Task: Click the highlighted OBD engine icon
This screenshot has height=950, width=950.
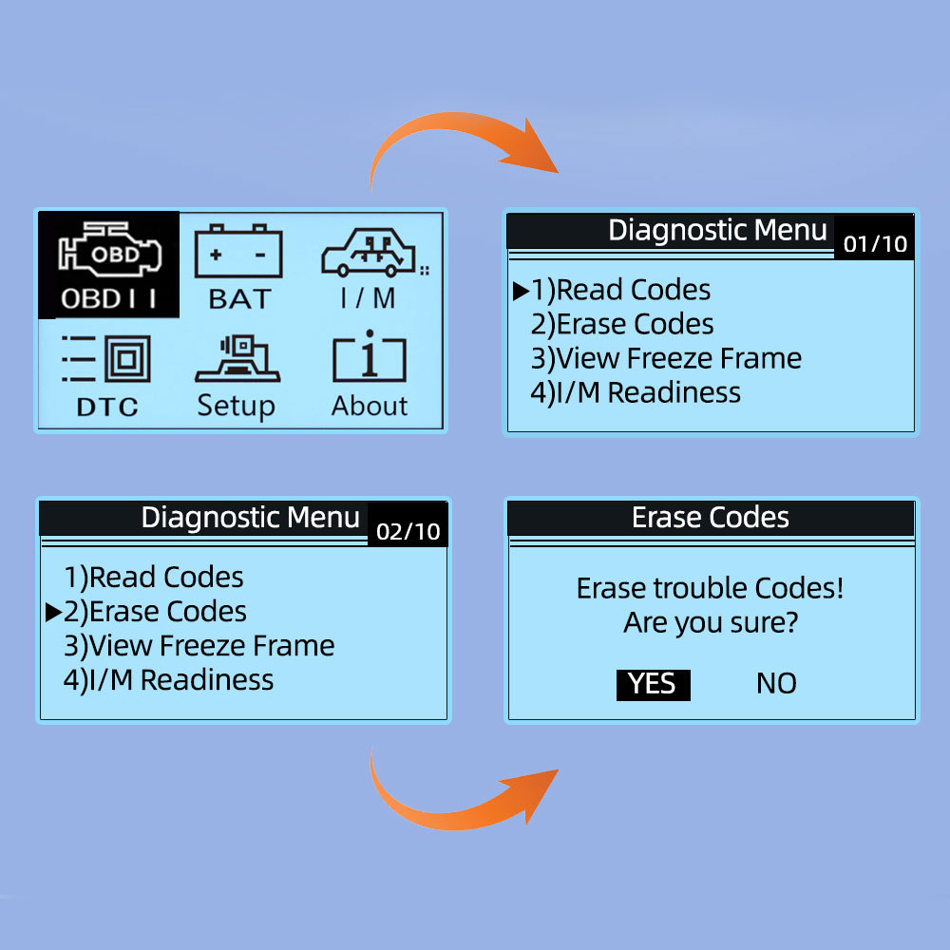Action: [110, 254]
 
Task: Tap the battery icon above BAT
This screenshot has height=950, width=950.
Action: [237, 251]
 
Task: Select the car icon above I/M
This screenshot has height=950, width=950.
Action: [369, 252]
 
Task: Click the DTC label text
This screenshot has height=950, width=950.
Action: [107, 408]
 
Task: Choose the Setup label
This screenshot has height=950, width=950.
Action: [236, 406]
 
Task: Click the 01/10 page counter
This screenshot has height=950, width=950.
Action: [875, 244]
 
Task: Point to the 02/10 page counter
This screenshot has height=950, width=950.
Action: [408, 531]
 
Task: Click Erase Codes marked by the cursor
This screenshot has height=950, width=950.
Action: [155, 611]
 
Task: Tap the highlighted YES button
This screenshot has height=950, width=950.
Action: [653, 684]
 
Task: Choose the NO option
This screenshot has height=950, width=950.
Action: [776, 684]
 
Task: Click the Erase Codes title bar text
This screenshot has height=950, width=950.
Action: [711, 518]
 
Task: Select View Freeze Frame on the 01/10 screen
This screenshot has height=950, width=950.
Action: [666, 358]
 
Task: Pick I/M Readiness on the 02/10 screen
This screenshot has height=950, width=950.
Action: [168, 679]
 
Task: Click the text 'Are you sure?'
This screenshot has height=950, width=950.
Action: [710, 624]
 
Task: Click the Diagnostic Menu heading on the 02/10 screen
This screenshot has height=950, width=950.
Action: [251, 518]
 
